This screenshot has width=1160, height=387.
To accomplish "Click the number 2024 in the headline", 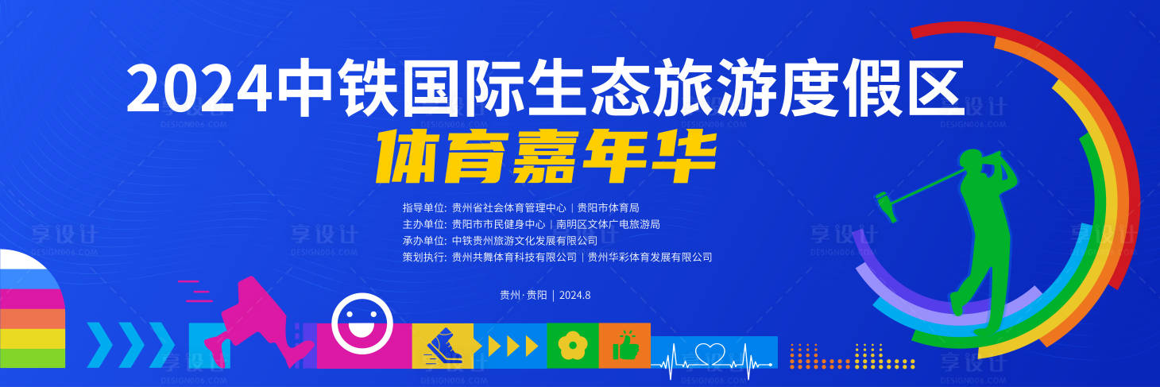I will point(199,89).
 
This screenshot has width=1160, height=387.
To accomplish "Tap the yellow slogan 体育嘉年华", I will point(547,154).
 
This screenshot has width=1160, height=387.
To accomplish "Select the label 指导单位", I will point(424,207).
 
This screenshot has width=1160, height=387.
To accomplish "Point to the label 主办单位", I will point(424,224).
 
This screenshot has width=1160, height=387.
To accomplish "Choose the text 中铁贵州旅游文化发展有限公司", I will point(524,240).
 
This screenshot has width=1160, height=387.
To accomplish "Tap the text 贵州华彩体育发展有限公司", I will point(649,257).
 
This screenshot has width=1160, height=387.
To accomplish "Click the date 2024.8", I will point(575,295).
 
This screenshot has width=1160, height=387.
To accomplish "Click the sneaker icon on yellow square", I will point(442,346).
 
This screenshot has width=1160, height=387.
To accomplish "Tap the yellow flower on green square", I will point(572,346).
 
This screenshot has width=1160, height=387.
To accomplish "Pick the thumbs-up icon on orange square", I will point(624,346).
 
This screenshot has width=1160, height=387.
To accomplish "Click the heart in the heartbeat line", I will point(710,353).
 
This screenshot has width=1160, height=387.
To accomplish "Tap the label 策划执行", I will point(424,257).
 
